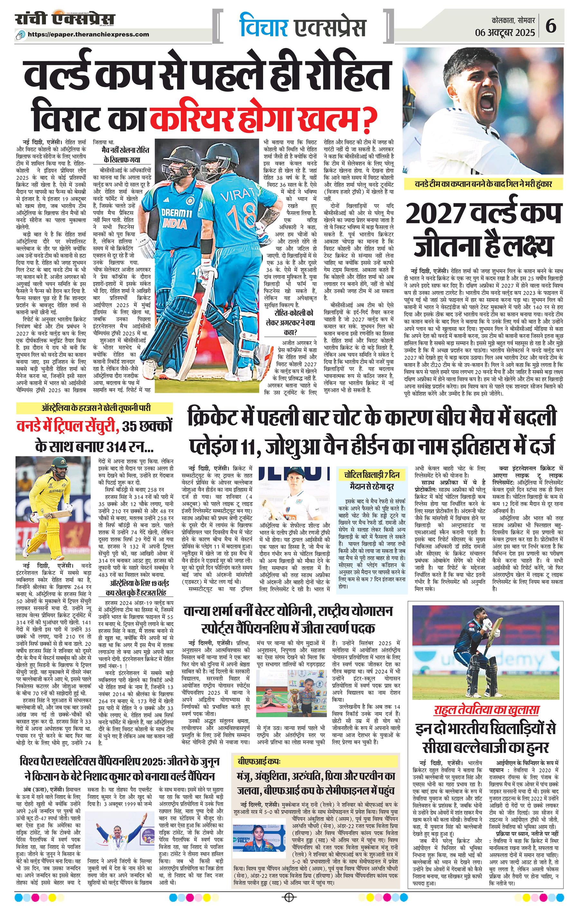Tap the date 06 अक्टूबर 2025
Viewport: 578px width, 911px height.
pos(505,32)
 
